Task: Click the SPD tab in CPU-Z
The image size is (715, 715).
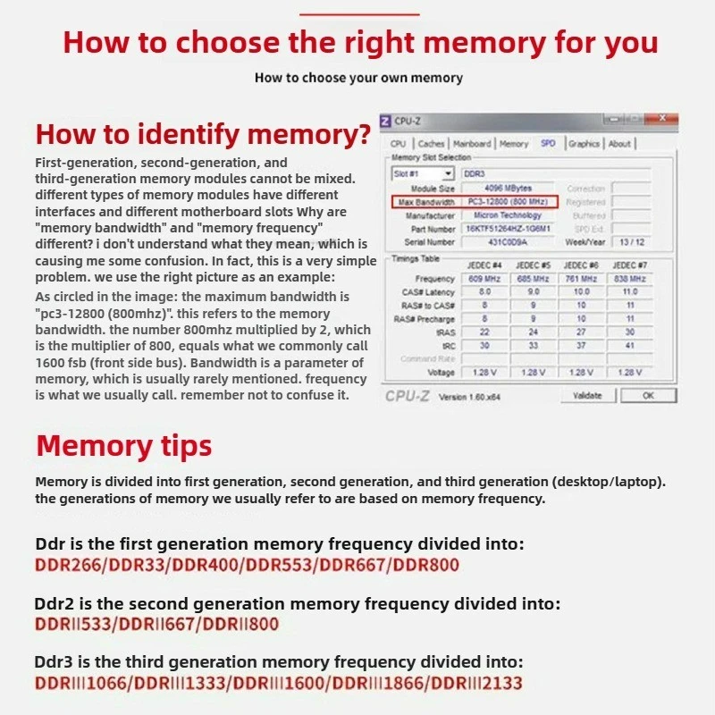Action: [x=548, y=143]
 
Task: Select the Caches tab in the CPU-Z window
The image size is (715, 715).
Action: [x=432, y=143]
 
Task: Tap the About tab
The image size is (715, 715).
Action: [x=619, y=143]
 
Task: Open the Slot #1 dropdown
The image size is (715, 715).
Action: [x=423, y=172]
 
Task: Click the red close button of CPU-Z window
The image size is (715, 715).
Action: [x=662, y=118]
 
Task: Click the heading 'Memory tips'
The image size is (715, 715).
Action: [x=123, y=445]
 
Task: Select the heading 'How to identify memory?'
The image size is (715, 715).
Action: [x=202, y=135]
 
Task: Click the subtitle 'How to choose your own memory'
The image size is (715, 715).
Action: [x=358, y=78]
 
